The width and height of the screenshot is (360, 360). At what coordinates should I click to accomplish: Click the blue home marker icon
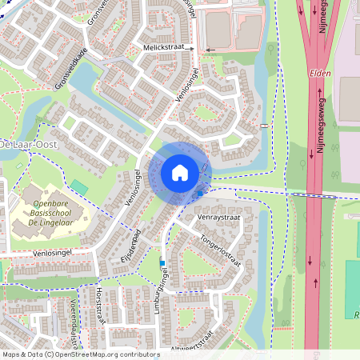click(x=180, y=173)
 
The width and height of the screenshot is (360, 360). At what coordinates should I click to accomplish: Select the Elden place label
click(x=320, y=72)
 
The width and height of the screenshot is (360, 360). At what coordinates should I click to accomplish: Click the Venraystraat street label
click(x=219, y=217)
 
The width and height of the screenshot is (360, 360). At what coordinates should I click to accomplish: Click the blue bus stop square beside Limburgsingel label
click(x=162, y=262)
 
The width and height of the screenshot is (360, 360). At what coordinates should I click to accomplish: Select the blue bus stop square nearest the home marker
click(x=199, y=194)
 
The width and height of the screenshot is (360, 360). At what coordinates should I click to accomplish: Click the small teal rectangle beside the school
click(x=78, y=186)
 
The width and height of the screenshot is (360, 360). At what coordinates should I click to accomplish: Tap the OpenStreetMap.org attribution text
click(x=80, y=354)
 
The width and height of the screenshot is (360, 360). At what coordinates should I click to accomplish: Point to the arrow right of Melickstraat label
click(x=210, y=50)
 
